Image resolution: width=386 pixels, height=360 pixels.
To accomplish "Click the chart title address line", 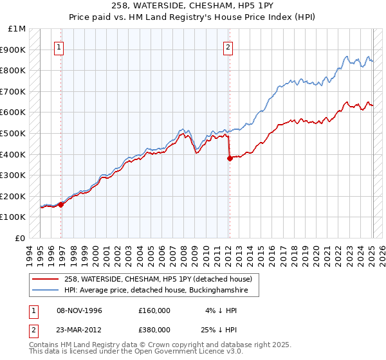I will click(x=192, y=7).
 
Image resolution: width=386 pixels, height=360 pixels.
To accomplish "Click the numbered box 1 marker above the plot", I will click(x=59, y=46).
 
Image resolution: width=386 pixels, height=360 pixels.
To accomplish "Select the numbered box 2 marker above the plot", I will click(x=228, y=46).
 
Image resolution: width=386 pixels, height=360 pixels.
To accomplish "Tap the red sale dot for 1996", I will click(x=61, y=204).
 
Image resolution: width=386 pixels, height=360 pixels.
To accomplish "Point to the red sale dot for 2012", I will click(x=229, y=158).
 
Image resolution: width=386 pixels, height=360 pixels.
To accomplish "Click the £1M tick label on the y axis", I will click(x=17, y=29).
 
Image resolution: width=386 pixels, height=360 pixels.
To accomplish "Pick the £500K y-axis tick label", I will click(x=14, y=133).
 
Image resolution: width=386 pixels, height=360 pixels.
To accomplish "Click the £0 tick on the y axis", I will click(x=21, y=238).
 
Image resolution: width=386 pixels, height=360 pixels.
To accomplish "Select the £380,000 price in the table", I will click(x=154, y=328).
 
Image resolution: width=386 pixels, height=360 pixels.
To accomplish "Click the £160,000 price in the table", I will click(x=154, y=310).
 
